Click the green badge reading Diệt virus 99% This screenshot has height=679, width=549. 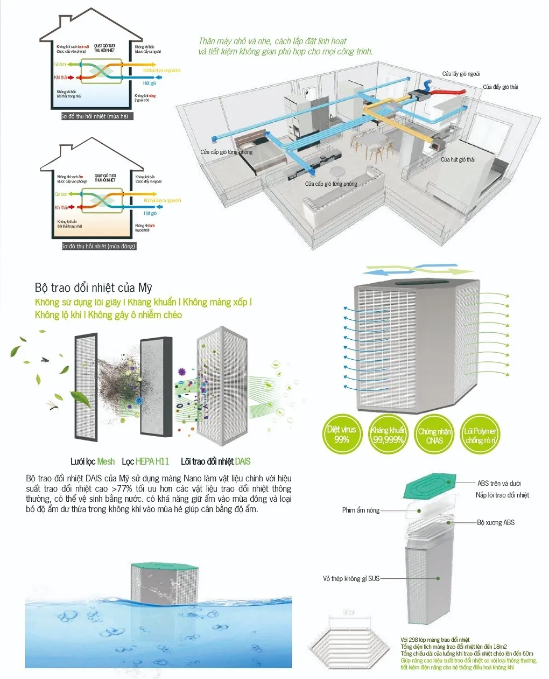342,435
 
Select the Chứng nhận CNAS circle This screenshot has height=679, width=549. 434,435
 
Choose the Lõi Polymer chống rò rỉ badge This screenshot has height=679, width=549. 481,435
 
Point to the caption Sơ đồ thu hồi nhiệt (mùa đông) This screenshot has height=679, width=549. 98,246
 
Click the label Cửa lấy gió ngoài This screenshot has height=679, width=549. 461,74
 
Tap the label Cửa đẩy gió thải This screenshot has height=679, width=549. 500,87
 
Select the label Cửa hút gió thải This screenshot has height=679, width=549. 457,159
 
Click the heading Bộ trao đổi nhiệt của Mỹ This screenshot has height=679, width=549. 93,288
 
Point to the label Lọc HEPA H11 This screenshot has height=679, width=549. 145,461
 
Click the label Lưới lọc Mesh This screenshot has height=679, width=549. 93,461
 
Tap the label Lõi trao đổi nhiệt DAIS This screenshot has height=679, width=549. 215,461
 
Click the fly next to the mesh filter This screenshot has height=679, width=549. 45,359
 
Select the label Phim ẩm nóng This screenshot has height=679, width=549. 361,510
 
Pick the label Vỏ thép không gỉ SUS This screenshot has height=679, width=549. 351,578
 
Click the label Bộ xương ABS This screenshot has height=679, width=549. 496,522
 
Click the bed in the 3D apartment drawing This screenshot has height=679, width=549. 258,151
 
